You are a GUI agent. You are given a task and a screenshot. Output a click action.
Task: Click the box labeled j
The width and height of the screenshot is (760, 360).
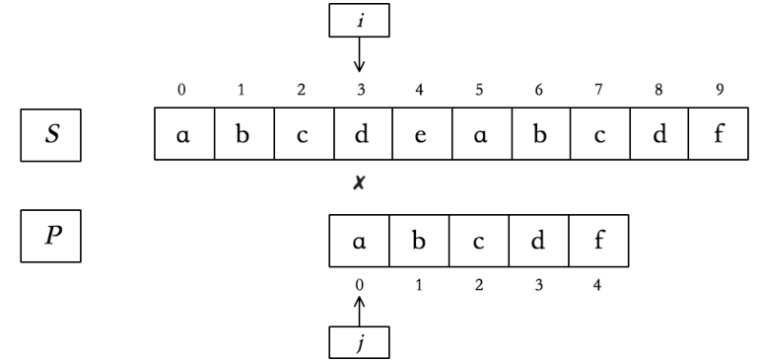pos(359,342)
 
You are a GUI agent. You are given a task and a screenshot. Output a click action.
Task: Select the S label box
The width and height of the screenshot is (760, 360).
pos(51,136)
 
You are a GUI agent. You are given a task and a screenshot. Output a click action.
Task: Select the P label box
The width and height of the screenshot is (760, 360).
pos(51,242)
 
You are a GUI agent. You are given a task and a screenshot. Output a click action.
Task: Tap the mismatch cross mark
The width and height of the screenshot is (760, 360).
pos(360,184)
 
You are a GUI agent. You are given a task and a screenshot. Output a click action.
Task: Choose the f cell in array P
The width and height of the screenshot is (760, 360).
pos(597,243)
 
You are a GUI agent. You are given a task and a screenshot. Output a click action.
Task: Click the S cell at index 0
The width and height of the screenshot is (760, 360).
pos(181,136)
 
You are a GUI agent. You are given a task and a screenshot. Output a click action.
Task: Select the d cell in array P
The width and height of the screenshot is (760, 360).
pos(538,243)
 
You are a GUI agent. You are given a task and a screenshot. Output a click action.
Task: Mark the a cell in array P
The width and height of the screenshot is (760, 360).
pos(360,243)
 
